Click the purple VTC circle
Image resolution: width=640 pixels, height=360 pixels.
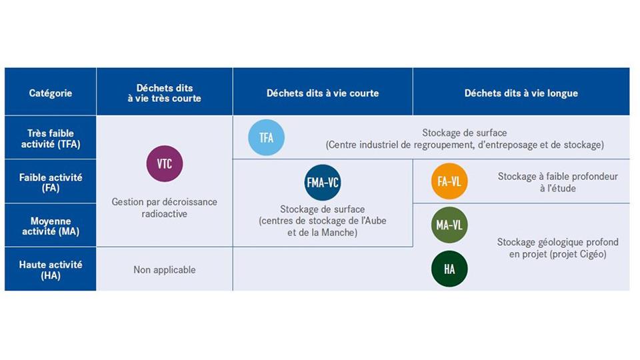165,164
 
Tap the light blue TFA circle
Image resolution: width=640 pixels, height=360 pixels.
266,137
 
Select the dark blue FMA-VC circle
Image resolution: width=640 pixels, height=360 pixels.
323,183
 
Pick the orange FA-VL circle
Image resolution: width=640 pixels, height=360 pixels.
449,181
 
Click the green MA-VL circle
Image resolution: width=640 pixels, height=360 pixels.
449,225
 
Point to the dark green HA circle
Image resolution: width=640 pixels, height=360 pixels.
449,269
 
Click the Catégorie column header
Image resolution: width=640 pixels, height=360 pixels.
51,93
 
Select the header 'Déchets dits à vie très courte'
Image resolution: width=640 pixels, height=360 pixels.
165,93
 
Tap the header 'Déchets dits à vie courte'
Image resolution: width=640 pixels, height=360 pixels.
323,93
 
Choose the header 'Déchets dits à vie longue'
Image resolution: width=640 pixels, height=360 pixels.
521,93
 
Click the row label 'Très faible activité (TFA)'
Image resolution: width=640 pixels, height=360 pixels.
51,139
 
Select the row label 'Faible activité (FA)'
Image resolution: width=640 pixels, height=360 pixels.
51,183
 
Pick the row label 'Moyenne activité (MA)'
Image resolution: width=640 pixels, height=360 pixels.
51,226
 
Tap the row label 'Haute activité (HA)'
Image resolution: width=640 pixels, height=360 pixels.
51,270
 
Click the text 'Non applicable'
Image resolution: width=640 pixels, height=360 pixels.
165,270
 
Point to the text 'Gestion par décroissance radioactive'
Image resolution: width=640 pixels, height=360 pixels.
165,208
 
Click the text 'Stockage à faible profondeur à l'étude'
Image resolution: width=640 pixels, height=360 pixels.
557,183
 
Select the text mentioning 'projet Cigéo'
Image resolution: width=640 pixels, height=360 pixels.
557,248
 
